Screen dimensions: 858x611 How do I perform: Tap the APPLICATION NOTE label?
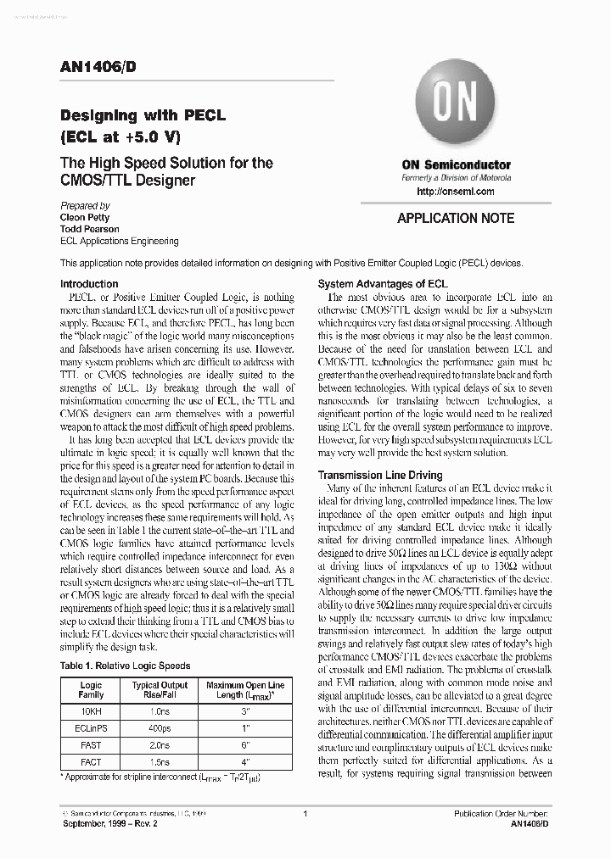click(456, 218)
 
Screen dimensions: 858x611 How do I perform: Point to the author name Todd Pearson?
click(90, 229)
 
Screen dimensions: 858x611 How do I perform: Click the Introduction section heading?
click(89, 284)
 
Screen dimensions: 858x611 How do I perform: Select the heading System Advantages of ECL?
click(382, 284)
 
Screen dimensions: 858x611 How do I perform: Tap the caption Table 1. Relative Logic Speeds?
click(126, 666)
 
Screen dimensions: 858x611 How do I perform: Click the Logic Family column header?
click(91, 690)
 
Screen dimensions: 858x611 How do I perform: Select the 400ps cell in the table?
click(160, 727)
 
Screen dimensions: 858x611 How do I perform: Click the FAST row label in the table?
click(91, 745)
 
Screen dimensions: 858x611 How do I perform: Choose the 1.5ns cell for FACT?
click(160, 762)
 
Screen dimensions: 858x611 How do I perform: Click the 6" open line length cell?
click(244, 745)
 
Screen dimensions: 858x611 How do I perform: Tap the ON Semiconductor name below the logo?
click(456, 164)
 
